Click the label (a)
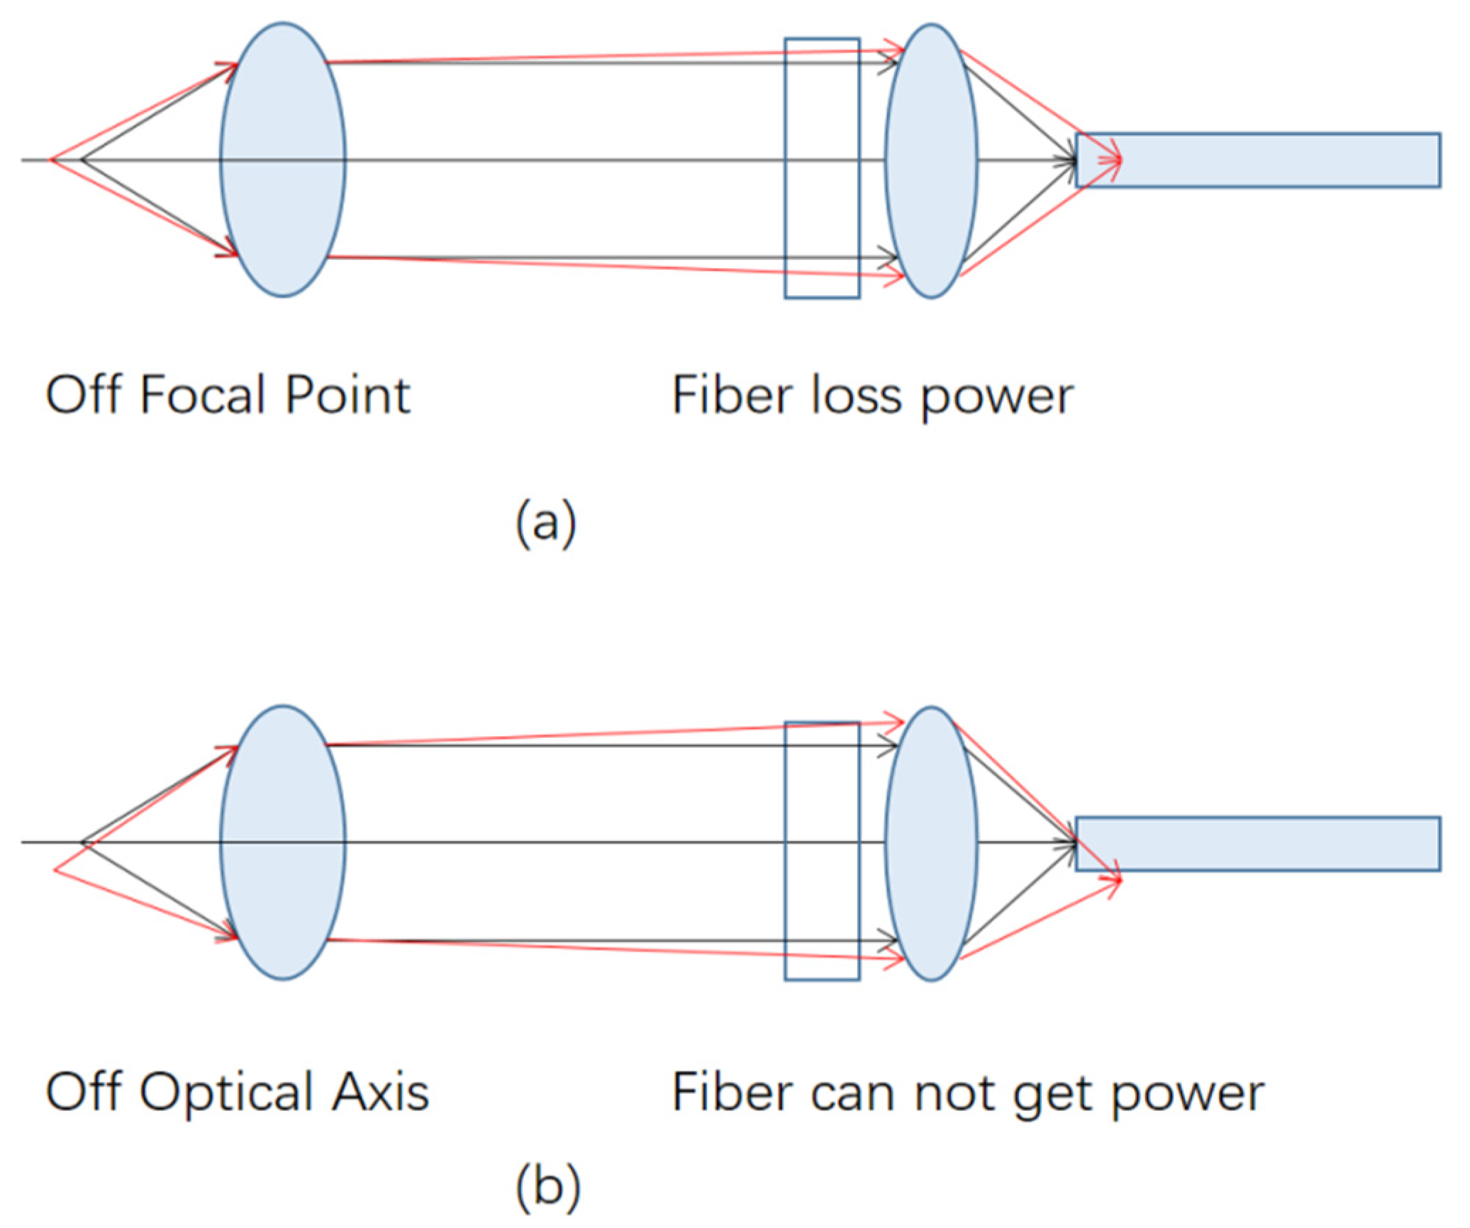click(545, 523)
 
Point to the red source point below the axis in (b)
click(56, 869)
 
